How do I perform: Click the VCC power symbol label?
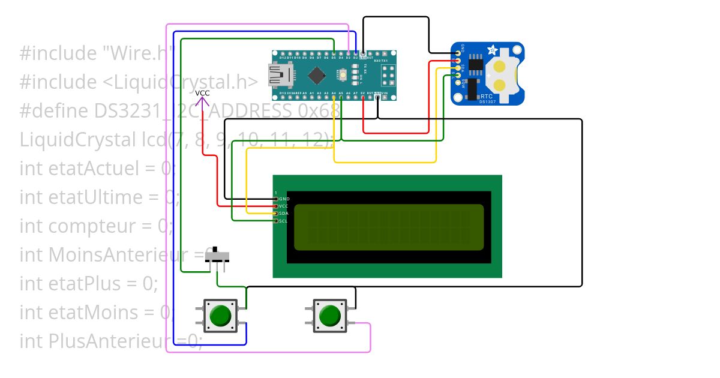(203, 93)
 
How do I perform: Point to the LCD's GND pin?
(276, 199)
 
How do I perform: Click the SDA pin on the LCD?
(276, 214)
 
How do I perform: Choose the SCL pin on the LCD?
(276, 221)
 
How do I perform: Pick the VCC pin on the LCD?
(276, 206)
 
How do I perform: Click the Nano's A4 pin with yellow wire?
(334, 97)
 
